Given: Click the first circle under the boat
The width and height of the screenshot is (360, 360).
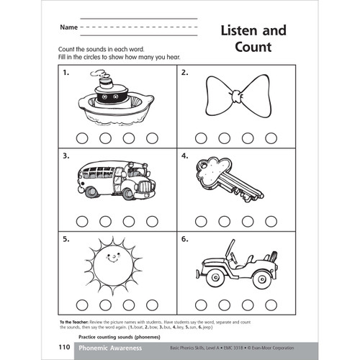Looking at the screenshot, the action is click(82, 138).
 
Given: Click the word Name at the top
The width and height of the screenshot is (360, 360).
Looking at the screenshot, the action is click(68, 27).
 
